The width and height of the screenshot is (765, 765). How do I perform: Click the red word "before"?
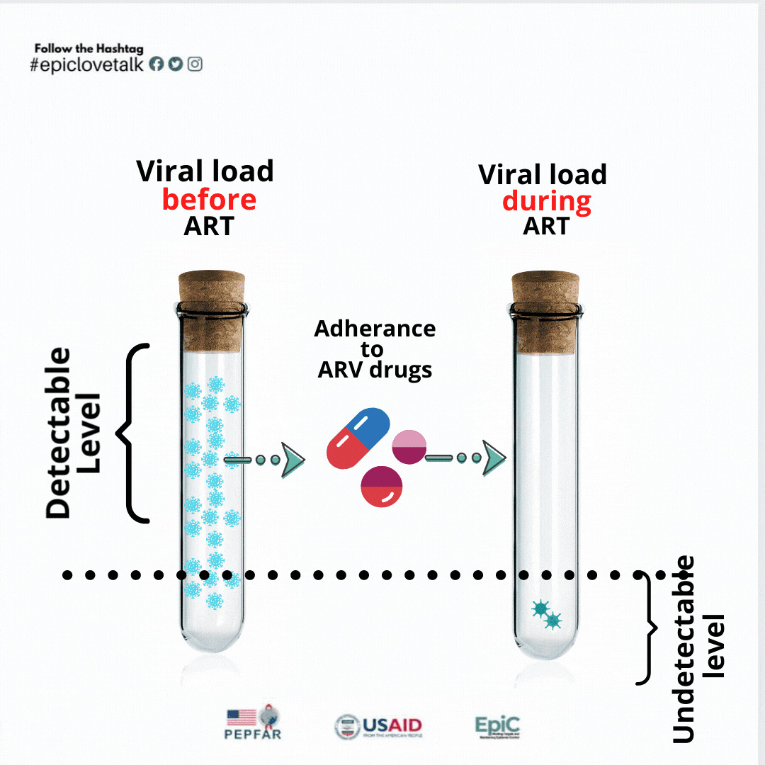point(209,200)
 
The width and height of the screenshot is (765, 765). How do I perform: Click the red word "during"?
point(546,202)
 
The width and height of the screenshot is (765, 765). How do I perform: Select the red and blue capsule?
point(358,438)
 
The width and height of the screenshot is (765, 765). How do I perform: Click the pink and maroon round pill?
point(409,447)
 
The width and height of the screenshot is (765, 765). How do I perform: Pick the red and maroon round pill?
point(381,487)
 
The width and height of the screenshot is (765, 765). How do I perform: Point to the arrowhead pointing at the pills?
point(292,460)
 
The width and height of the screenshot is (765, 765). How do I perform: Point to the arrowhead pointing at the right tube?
point(494,458)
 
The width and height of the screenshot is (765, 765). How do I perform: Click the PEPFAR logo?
point(252,723)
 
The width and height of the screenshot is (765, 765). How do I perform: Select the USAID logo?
point(378,726)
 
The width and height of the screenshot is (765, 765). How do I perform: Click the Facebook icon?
point(157,64)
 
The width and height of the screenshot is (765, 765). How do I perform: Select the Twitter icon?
point(176,64)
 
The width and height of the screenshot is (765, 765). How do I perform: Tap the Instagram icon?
point(195,64)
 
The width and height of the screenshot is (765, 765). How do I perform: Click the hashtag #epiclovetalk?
point(87,64)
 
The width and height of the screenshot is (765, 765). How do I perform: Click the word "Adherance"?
point(375,329)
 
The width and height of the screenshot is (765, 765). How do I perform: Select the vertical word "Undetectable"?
point(683,649)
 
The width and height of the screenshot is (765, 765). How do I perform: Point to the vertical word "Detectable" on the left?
point(59,433)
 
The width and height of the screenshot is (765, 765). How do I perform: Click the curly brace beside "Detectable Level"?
point(135,433)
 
